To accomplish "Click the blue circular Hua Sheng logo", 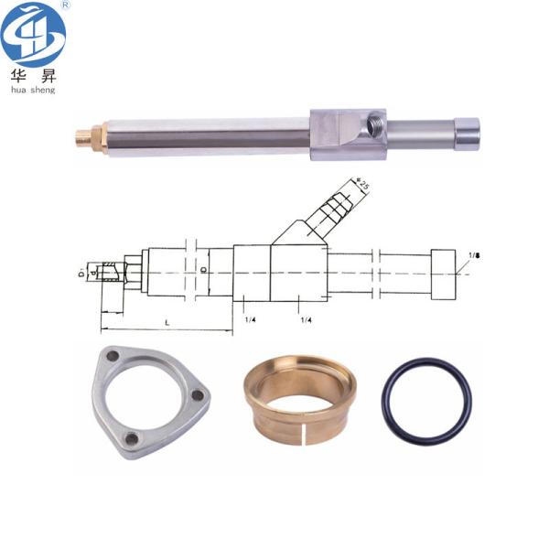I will click(33, 34).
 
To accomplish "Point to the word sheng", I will click(43, 91).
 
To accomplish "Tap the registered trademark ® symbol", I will click(63, 5).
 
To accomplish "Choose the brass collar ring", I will click(296, 401).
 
